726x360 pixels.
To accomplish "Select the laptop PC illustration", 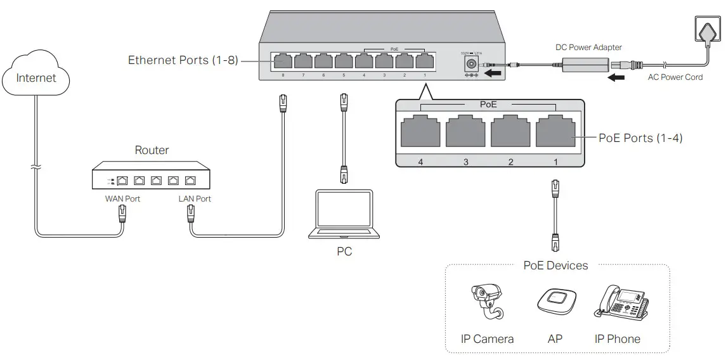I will pyautogui.click(x=344, y=214).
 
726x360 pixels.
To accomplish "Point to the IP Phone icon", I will pyautogui.click(x=621, y=302).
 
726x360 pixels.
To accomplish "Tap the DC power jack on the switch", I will pyautogui.click(x=471, y=63).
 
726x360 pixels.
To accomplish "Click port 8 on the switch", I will pyautogui.click(x=282, y=61).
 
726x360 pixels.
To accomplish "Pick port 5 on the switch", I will pyautogui.click(x=343, y=61).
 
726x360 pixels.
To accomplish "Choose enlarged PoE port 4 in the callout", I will pyautogui.click(x=420, y=132).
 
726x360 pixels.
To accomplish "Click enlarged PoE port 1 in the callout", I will pyautogui.click(x=555, y=132).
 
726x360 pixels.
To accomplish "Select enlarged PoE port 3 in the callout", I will pyautogui.click(x=465, y=132).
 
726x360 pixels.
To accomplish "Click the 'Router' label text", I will pyautogui.click(x=152, y=150).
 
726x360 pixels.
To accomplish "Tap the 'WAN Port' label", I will pyautogui.click(x=122, y=198).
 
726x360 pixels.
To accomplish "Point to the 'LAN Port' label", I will pyautogui.click(x=195, y=198).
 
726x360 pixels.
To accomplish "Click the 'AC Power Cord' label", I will pyautogui.click(x=675, y=77).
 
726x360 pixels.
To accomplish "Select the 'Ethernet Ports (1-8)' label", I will pyautogui.click(x=183, y=60).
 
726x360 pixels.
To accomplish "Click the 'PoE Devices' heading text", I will pyautogui.click(x=555, y=266).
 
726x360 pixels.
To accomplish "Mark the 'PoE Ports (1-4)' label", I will pyautogui.click(x=640, y=138).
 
